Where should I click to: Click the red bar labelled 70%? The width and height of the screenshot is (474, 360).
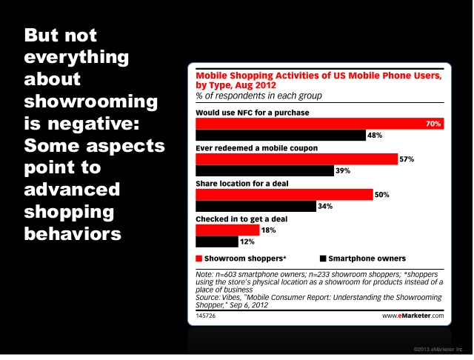318,124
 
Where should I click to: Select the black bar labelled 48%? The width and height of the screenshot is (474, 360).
280,135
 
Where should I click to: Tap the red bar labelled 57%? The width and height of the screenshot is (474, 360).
296,159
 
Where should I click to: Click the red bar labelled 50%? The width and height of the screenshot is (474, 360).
284,194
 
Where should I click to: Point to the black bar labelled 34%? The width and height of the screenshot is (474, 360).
256,206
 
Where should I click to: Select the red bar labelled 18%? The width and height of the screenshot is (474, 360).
217,230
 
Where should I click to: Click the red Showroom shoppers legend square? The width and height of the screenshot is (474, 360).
199,259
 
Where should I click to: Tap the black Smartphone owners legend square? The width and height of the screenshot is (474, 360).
324,259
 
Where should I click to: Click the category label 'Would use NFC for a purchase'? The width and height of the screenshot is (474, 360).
252,112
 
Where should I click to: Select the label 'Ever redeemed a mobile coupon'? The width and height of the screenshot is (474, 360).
256,147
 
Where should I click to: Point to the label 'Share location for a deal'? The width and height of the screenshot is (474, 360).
241,183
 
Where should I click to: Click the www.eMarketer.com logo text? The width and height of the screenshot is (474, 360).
413,316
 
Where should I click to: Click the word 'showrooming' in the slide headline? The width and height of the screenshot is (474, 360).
80,100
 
